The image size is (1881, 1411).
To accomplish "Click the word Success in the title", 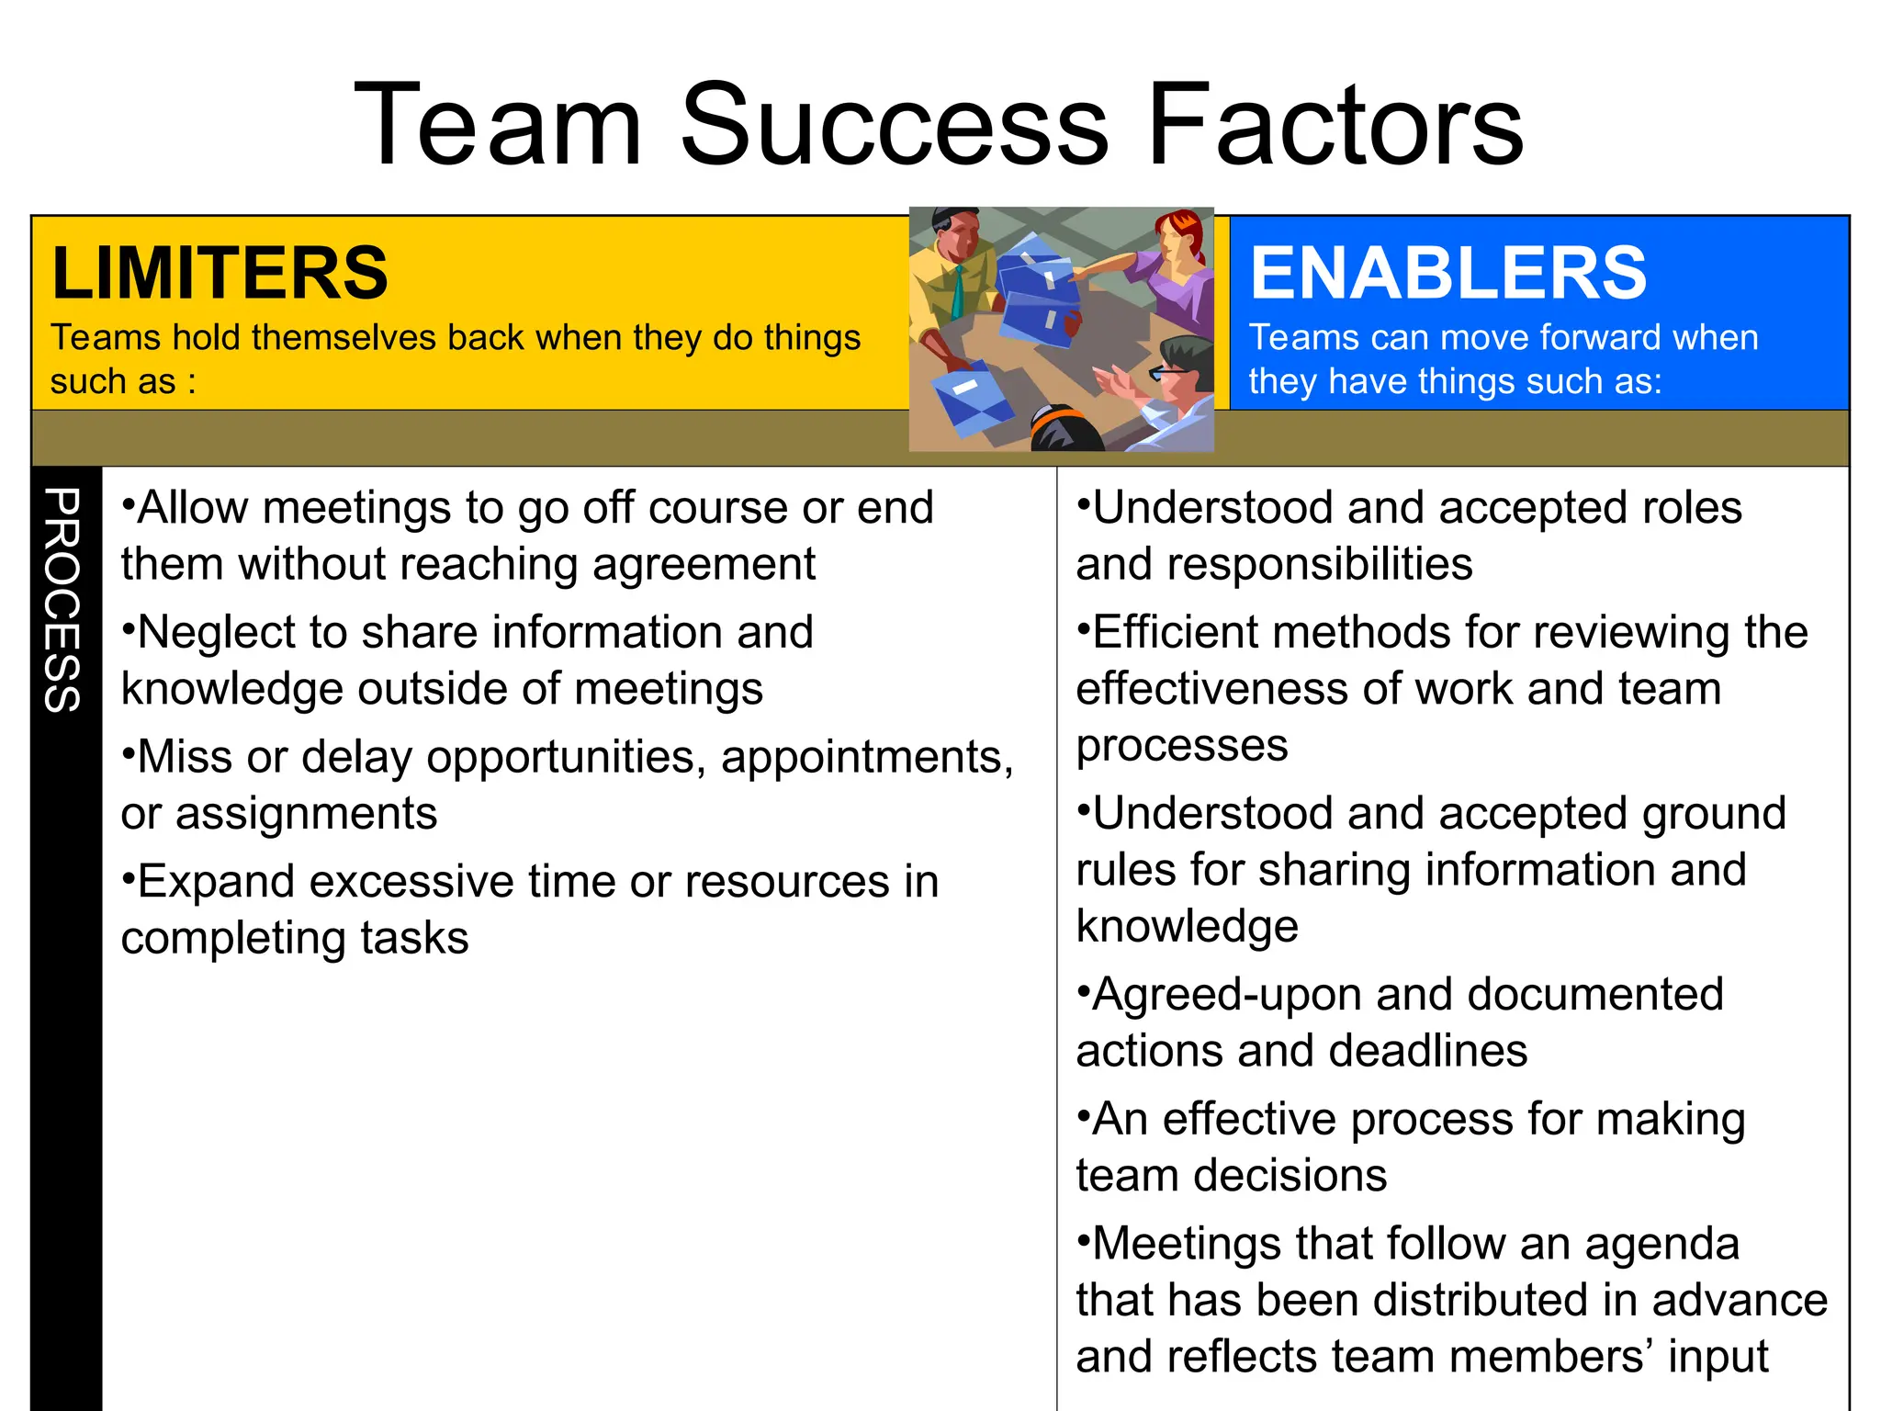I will pos(895,125).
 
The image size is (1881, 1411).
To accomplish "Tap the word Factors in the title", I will pos(1335,125).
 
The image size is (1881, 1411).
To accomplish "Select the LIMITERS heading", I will pos(220,273).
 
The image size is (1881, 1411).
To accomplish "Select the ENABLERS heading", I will pos(1448,273).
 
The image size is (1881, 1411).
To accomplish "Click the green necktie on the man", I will pos(959,292).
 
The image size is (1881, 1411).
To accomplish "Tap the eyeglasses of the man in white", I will pos(1168,372).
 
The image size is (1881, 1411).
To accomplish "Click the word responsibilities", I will pos(1274,564).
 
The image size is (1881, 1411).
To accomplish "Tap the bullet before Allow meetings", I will pos(129,504).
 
